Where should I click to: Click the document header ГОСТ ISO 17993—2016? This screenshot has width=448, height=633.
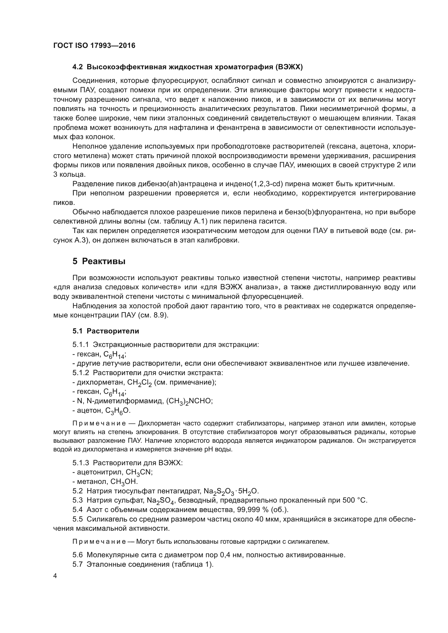point(94,45)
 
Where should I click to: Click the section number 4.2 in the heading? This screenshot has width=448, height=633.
point(77,67)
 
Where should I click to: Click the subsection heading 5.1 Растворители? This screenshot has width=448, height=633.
point(106,331)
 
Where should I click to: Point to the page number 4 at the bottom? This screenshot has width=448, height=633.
point(55,576)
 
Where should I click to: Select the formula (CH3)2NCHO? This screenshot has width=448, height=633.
point(189,401)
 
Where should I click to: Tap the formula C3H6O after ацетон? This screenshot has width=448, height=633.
point(118,411)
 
